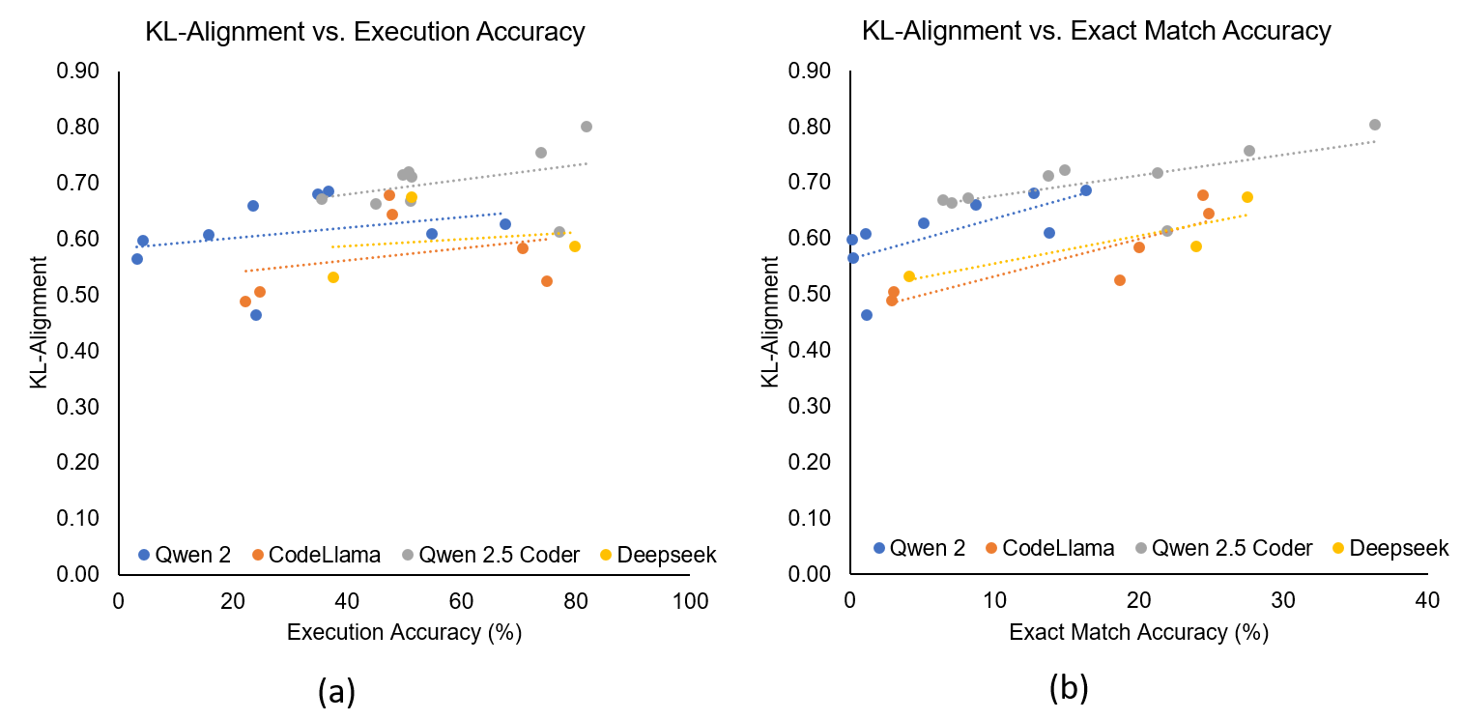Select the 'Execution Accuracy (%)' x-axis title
(404, 633)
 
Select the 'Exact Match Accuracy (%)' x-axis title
(1138, 633)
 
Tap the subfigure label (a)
(336, 690)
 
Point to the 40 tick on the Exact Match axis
(1427, 600)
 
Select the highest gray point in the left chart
(587, 127)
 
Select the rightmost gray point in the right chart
(1375, 125)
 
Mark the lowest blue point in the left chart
(256, 315)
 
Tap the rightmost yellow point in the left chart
(575, 246)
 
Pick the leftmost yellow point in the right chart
(909, 276)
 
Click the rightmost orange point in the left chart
(547, 281)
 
